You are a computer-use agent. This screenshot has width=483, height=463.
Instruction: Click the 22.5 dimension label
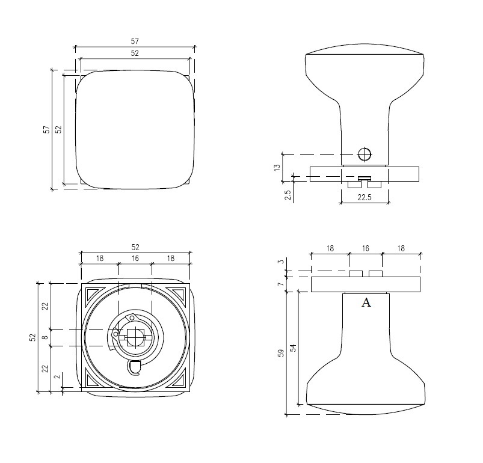[x=365, y=197]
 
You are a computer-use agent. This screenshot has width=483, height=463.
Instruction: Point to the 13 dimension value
[x=277, y=168]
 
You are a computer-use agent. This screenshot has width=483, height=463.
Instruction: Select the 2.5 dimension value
[x=288, y=195]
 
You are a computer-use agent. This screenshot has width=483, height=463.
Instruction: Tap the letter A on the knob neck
[x=366, y=303]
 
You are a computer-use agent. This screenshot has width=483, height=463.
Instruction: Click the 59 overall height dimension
[x=281, y=353]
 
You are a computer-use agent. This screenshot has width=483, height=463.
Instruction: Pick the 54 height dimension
[x=294, y=348]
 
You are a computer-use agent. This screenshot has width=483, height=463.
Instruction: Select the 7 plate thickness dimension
[x=280, y=284]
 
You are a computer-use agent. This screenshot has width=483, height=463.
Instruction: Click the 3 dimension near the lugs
[x=280, y=262]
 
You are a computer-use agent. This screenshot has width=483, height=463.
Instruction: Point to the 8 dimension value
[x=45, y=337]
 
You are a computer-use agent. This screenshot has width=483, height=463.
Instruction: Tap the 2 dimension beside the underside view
[x=57, y=377]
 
